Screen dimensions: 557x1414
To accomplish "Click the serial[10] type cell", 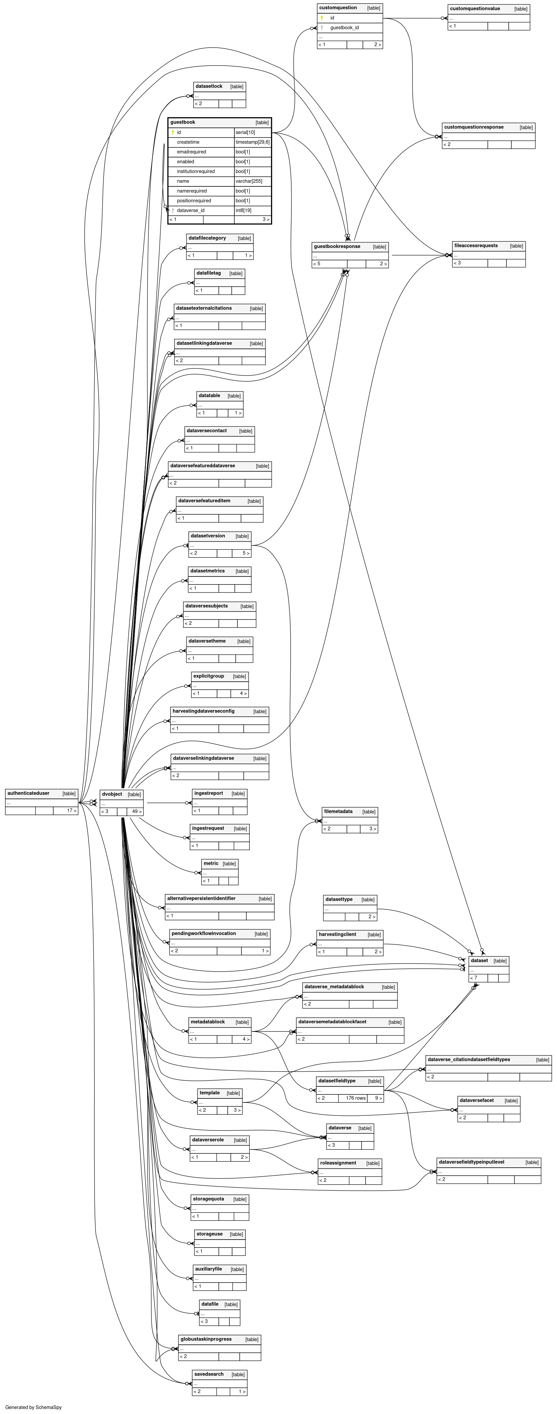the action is [245, 132].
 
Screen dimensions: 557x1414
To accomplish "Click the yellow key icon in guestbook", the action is [173, 132].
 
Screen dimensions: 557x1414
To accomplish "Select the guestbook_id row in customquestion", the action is [345, 27].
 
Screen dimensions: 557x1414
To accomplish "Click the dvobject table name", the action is [112, 794].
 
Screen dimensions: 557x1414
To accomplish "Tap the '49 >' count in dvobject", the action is [137, 811].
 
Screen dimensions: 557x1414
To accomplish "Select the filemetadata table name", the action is [338, 811].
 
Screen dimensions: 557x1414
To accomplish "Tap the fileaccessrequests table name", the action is [476, 245].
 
